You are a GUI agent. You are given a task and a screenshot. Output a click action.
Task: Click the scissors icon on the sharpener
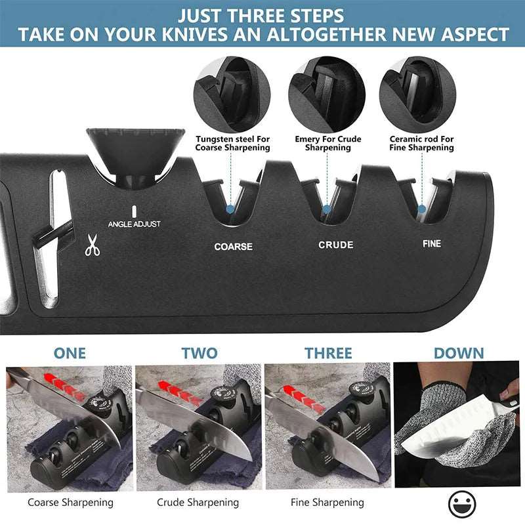pos(93,246)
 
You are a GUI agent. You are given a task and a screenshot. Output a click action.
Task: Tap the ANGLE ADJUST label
pos(134,224)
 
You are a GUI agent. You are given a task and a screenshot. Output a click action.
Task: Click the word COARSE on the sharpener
pos(233,247)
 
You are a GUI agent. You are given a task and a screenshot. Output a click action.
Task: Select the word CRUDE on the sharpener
pos(336,245)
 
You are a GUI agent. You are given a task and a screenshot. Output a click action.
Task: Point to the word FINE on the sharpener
pos(432,243)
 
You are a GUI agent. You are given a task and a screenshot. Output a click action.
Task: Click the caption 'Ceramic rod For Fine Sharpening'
pos(421,143)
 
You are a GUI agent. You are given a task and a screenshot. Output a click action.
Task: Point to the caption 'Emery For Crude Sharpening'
pos(327,143)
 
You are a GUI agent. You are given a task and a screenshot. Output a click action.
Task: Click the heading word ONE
pos(70,353)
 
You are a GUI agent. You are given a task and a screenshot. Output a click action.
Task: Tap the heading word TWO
pos(199,353)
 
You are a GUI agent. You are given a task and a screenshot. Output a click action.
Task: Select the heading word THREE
pos(328,353)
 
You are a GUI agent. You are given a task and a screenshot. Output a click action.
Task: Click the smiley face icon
pos(462,505)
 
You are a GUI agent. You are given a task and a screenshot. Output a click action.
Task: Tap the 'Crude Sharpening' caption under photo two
pos(198,503)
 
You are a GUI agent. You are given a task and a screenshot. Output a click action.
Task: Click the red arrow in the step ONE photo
pos(66,383)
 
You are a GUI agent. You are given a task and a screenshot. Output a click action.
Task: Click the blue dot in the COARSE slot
pos(230,209)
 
